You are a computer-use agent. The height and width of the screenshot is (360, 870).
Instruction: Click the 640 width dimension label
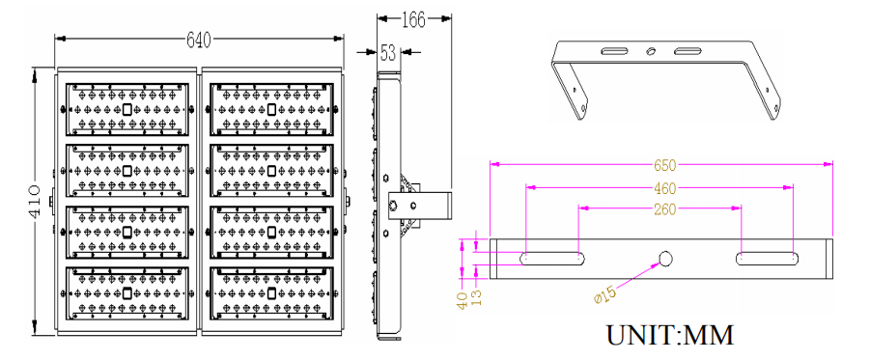199,40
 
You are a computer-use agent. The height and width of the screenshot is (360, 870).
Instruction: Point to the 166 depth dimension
413,20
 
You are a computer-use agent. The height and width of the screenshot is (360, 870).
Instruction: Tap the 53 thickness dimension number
388,53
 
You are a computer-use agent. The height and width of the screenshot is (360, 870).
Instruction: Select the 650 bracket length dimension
664,165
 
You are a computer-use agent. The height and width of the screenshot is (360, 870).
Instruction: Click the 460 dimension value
664,188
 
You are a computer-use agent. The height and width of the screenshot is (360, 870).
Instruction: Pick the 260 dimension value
664,209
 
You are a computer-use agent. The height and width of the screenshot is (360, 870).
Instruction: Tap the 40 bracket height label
462,301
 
